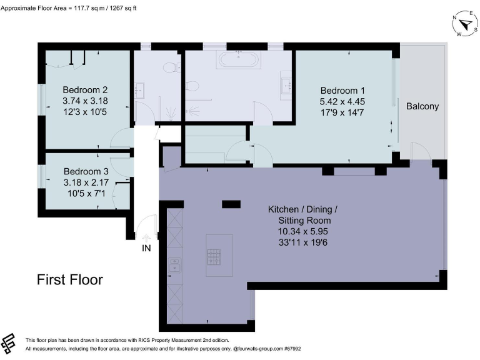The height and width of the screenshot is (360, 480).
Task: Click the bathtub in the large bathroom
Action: (x=237, y=61)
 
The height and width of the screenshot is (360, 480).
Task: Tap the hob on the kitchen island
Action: (x=214, y=256)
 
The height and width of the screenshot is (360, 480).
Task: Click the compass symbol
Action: (x=464, y=23)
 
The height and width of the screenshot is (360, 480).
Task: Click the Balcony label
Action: (x=422, y=106)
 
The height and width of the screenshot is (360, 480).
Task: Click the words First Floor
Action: (x=69, y=279)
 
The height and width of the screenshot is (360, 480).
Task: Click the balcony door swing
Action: (x=419, y=151)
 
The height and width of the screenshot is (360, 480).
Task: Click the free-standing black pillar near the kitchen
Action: (x=231, y=204)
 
